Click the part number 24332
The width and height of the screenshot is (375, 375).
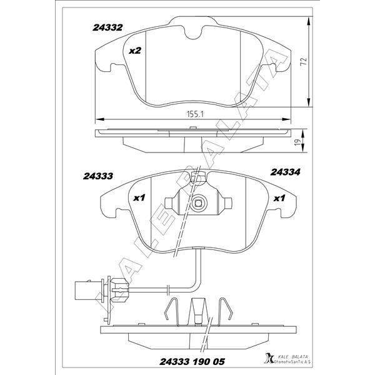click(x=107, y=27)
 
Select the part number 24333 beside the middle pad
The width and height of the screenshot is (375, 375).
click(x=98, y=176)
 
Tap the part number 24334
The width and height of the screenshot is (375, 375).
click(x=285, y=172)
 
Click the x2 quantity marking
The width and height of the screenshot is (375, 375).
click(x=135, y=51)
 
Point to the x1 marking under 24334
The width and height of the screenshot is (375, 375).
click(x=279, y=198)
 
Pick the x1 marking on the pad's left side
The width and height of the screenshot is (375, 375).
click(x=139, y=197)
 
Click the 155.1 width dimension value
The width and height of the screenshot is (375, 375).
click(x=195, y=114)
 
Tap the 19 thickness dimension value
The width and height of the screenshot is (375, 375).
click(x=297, y=142)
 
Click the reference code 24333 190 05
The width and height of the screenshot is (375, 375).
click(x=192, y=362)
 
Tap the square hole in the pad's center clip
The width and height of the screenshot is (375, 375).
click(x=198, y=203)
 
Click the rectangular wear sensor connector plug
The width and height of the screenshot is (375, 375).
click(x=88, y=290)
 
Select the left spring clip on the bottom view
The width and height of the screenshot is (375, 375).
click(x=172, y=312)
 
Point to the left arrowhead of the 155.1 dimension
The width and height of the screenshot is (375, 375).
click(x=100, y=119)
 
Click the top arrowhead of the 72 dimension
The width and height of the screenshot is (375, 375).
click(x=309, y=21)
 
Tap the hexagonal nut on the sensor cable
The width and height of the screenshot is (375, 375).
click(x=120, y=290)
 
